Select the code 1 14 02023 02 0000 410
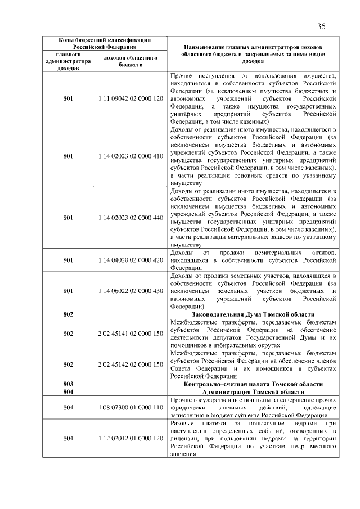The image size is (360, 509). coord(130,156)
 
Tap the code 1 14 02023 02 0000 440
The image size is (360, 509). coord(130,217)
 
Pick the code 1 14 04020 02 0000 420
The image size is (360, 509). coord(130,260)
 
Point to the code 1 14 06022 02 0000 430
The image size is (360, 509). coord(130,291)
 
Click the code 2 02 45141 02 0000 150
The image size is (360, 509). coord(130,334)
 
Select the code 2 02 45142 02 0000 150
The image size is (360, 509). coord(130,364)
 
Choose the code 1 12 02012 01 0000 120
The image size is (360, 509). coord(130,438)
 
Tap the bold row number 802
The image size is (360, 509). coord(68,314)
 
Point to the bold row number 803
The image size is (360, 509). coord(68,384)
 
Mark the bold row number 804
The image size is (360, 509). coord(68,391)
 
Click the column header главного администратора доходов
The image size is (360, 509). coord(68,61)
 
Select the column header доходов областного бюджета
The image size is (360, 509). coord(130,61)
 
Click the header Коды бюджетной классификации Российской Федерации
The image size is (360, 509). coord(105,43)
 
